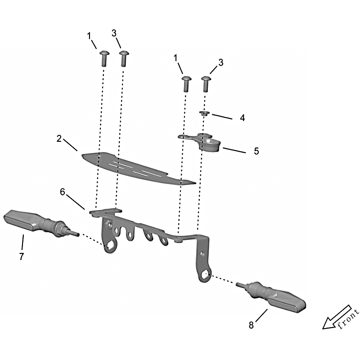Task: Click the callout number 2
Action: click(59, 139)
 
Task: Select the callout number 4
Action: click(242, 118)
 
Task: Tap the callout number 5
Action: click(256, 151)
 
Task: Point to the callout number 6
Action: click(63, 192)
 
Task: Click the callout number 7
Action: click(21, 256)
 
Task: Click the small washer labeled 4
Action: click(204, 113)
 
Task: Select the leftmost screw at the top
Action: click(104, 58)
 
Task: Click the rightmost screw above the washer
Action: click(206, 84)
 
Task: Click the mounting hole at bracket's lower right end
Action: click(205, 274)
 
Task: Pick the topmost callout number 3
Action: click(114, 33)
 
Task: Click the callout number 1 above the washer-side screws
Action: click(176, 58)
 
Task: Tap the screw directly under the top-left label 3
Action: click(124, 58)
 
